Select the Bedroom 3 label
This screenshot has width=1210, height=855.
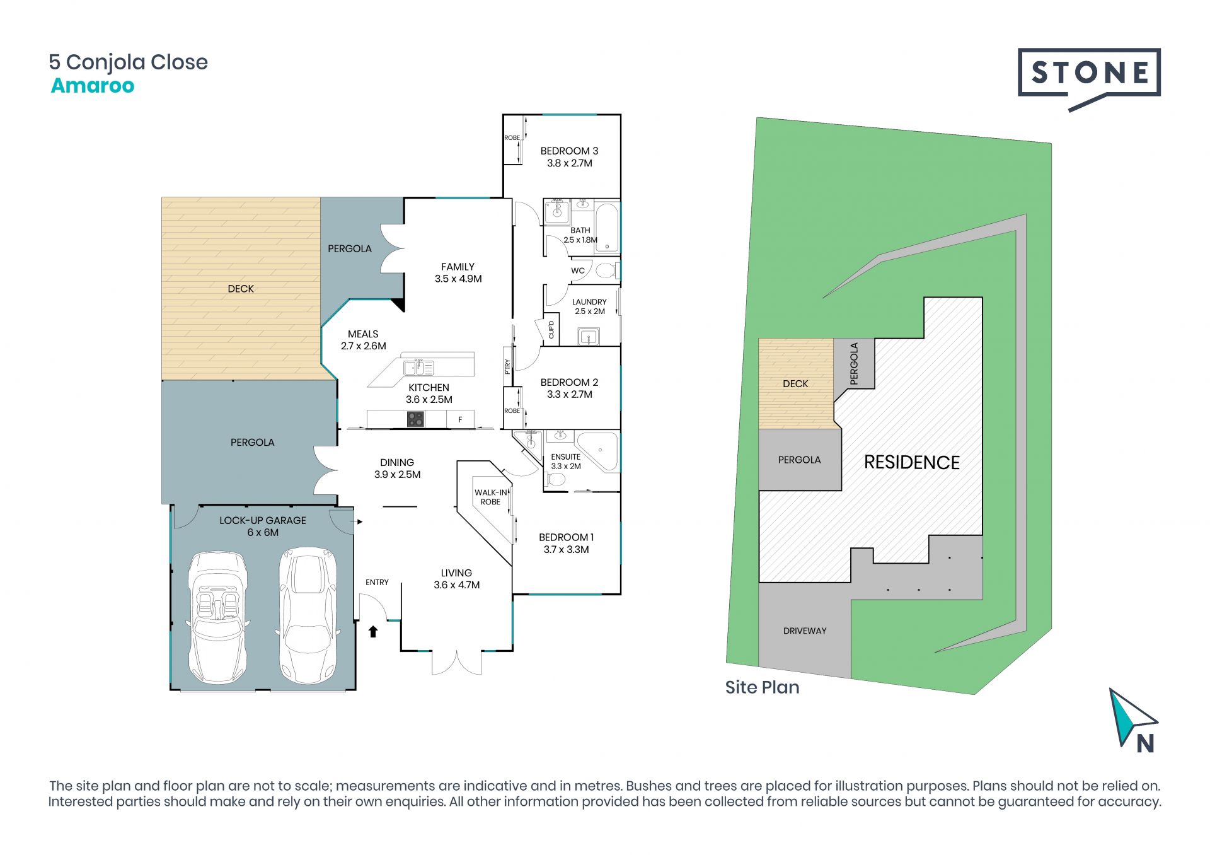569,157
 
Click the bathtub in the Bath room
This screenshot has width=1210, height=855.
607,227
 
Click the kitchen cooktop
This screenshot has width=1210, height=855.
415,419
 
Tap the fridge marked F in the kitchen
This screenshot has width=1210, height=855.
460,419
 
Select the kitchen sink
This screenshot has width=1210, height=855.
418,367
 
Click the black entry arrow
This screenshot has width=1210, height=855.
373,631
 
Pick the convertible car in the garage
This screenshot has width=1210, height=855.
217,617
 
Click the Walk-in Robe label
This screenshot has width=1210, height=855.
491,497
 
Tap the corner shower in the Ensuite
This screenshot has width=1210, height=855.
598,451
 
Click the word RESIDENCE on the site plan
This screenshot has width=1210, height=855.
911,462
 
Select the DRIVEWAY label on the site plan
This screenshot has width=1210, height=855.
805,631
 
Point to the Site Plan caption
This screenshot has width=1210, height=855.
762,687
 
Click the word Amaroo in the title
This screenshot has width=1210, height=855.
93,86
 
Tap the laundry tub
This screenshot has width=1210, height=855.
589,337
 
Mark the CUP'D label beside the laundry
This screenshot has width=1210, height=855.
551,329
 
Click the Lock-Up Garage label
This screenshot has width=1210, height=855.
263,526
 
